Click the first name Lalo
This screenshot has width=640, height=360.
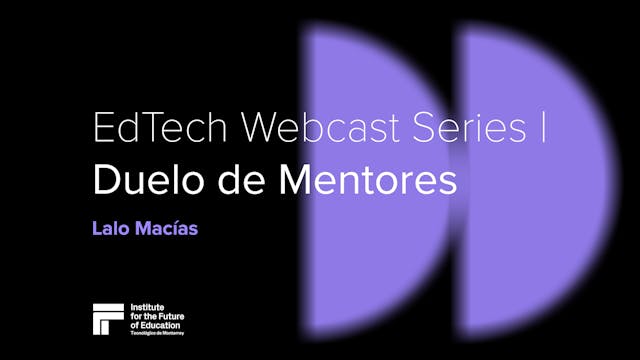pyautogui.click(x=108, y=229)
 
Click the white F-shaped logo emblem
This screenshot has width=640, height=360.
pyautogui.click(x=108, y=319)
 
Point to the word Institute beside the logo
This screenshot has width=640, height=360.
pyautogui.click(x=149, y=307)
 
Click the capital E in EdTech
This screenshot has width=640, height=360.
pyautogui.click(x=102, y=130)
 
